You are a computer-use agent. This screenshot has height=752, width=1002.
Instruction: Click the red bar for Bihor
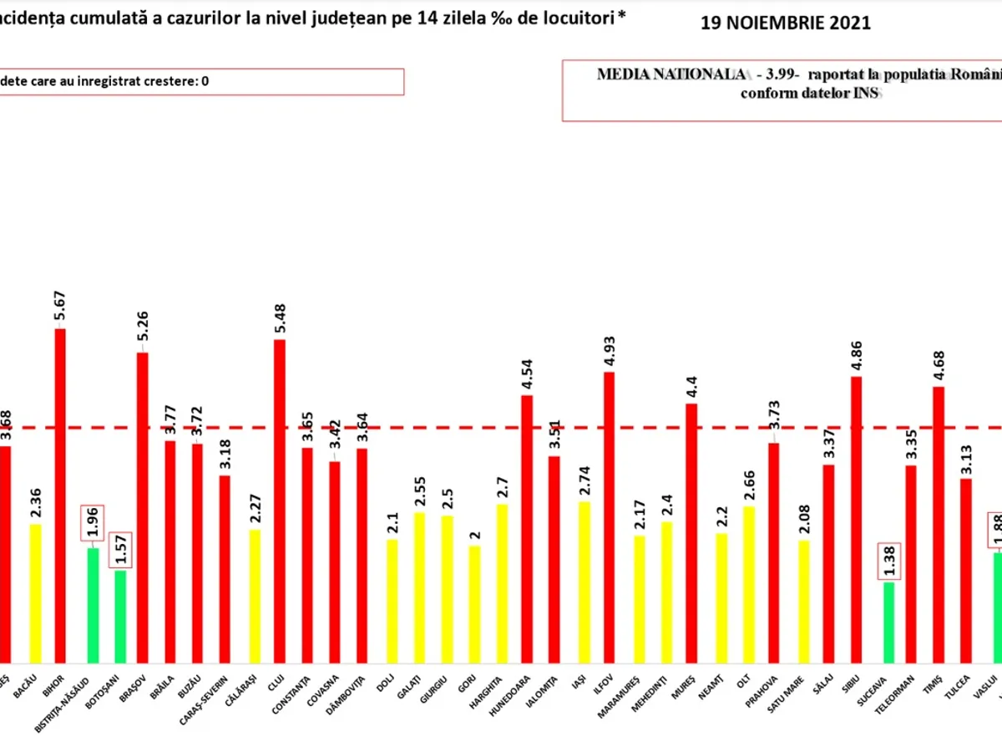click(x=60, y=493)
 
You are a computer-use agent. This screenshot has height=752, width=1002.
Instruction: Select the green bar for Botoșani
click(x=120, y=614)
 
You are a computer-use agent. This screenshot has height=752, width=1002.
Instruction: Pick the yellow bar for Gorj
click(x=474, y=602)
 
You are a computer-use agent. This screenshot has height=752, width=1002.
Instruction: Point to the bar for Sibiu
click(x=857, y=518)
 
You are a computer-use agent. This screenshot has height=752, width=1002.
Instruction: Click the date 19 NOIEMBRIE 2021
click(x=786, y=23)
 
